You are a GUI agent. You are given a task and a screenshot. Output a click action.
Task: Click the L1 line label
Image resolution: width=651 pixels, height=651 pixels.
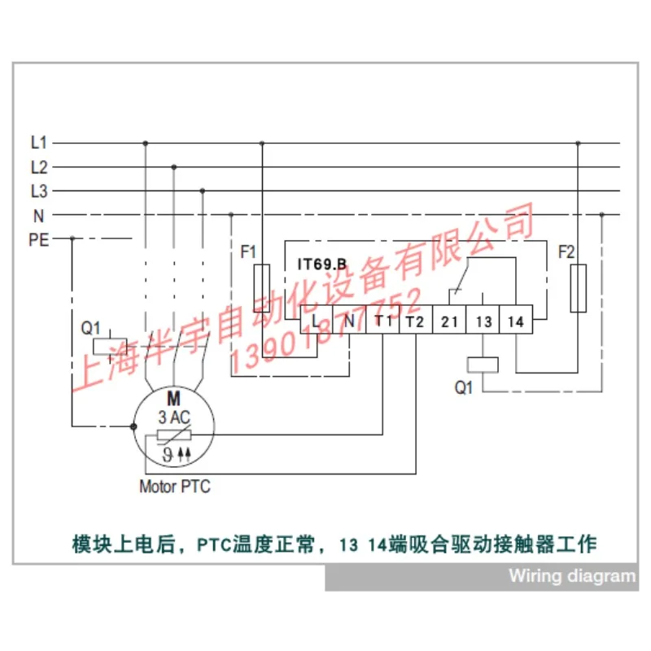pyautogui.click(x=39, y=143)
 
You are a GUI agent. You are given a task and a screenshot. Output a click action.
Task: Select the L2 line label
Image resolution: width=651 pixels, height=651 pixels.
pyautogui.click(x=39, y=168)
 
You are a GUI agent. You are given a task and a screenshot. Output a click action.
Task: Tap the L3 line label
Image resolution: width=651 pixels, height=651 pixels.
pyautogui.click(x=39, y=191)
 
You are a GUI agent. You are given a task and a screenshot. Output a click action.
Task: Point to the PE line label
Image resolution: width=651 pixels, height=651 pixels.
pyautogui.click(x=38, y=240)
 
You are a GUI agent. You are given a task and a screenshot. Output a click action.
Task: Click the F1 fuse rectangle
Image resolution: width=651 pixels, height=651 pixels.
pyautogui.click(x=261, y=288)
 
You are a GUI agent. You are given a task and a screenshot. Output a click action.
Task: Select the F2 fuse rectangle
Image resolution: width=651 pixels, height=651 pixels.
pyautogui.click(x=578, y=288)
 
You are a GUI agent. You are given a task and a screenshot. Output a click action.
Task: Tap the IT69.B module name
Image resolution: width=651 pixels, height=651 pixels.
pyautogui.click(x=321, y=264)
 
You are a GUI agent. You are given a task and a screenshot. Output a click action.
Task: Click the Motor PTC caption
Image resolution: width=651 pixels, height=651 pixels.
pyautogui.click(x=175, y=487)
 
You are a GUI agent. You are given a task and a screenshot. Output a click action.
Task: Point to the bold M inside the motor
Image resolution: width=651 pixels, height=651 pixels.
pyautogui.click(x=173, y=399)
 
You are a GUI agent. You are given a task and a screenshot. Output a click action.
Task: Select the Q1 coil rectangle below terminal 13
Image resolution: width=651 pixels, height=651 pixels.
pyautogui.click(x=483, y=365)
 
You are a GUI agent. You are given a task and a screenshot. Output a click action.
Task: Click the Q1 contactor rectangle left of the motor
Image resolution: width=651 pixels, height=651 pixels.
pyautogui.click(x=110, y=347)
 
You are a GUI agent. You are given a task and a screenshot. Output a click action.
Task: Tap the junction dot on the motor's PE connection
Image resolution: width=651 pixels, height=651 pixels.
pyautogui.click(x=133, y=426)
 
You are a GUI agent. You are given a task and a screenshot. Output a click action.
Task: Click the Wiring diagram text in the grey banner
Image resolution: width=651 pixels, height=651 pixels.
pyautogui.click(x=572, y=576)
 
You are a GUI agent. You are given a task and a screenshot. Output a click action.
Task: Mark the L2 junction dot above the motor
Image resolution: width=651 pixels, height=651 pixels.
pyautogui.click(x=174, y=167)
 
